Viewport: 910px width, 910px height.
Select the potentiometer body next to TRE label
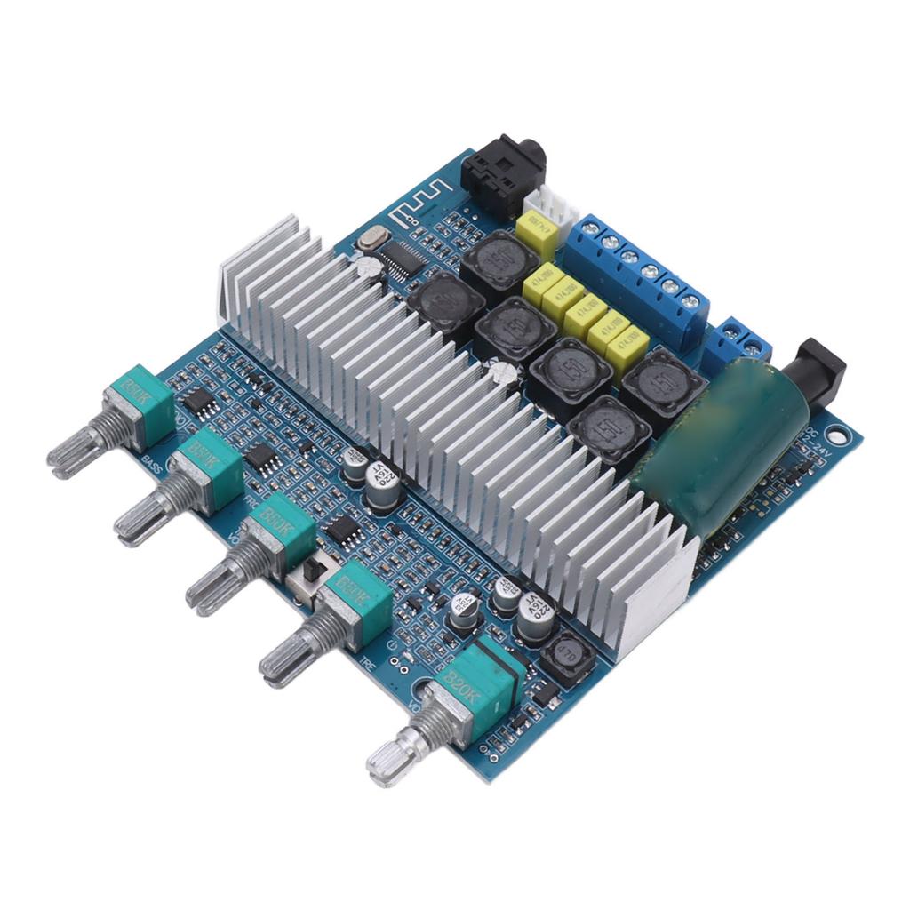point(356,604)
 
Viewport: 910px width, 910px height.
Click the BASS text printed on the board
point(151,459)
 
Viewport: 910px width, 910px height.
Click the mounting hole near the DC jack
point(835,435)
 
